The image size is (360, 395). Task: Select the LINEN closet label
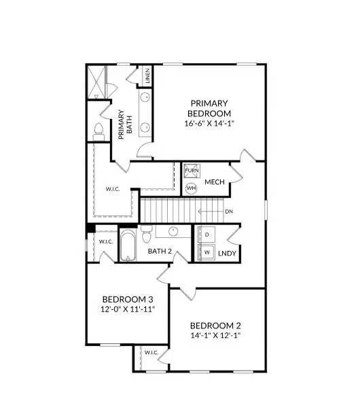tap(146, 77)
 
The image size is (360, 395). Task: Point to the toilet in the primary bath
tap(98, 130)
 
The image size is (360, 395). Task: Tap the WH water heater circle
tap(192, 187)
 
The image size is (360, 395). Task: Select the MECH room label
tap(215, 182)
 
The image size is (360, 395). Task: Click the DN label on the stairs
tap(228, 211)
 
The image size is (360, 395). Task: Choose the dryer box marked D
tap(207, 235)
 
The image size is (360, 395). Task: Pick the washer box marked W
tap(207, 252)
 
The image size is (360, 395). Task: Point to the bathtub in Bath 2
tap(129, 245)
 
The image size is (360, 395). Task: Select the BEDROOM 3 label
tap(128, 299)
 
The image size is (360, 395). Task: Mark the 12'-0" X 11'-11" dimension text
tap(128, 310)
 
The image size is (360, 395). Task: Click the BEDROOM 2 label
tap(215, 324)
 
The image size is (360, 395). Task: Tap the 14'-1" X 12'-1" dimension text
tap(215, 335)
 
